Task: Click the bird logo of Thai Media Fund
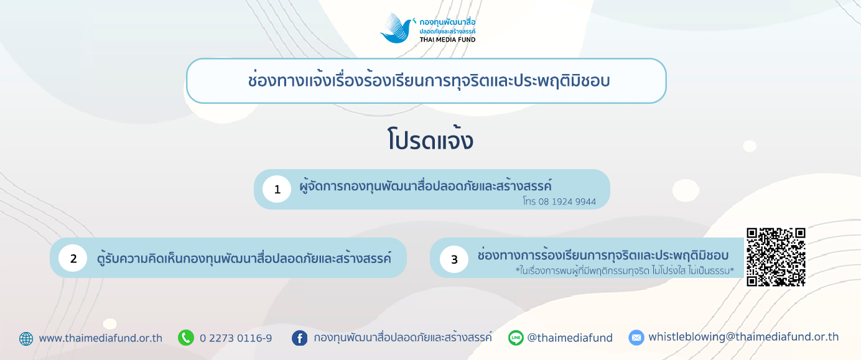point(398,28)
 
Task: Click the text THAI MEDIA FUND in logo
point(447,40)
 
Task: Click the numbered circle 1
point(277,189)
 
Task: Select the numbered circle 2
point(73,258)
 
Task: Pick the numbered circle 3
point(454,259)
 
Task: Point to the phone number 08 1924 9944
point(567,201)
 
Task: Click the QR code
point(776,257)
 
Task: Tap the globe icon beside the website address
point(26,338)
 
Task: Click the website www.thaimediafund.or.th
point(100,338)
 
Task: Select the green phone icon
point(186,338)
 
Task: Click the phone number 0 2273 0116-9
point(236,338)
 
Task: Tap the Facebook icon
point(299,338)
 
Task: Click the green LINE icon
point(516,338)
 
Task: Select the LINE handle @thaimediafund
point(570,338)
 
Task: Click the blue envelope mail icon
point(636,338)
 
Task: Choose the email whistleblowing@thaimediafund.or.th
point(743,337)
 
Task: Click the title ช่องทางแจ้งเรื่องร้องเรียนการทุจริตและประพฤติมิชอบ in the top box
point(429,81)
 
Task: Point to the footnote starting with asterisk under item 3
point(625,271)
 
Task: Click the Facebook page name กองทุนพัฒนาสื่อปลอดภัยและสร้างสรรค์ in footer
point(403,338)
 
